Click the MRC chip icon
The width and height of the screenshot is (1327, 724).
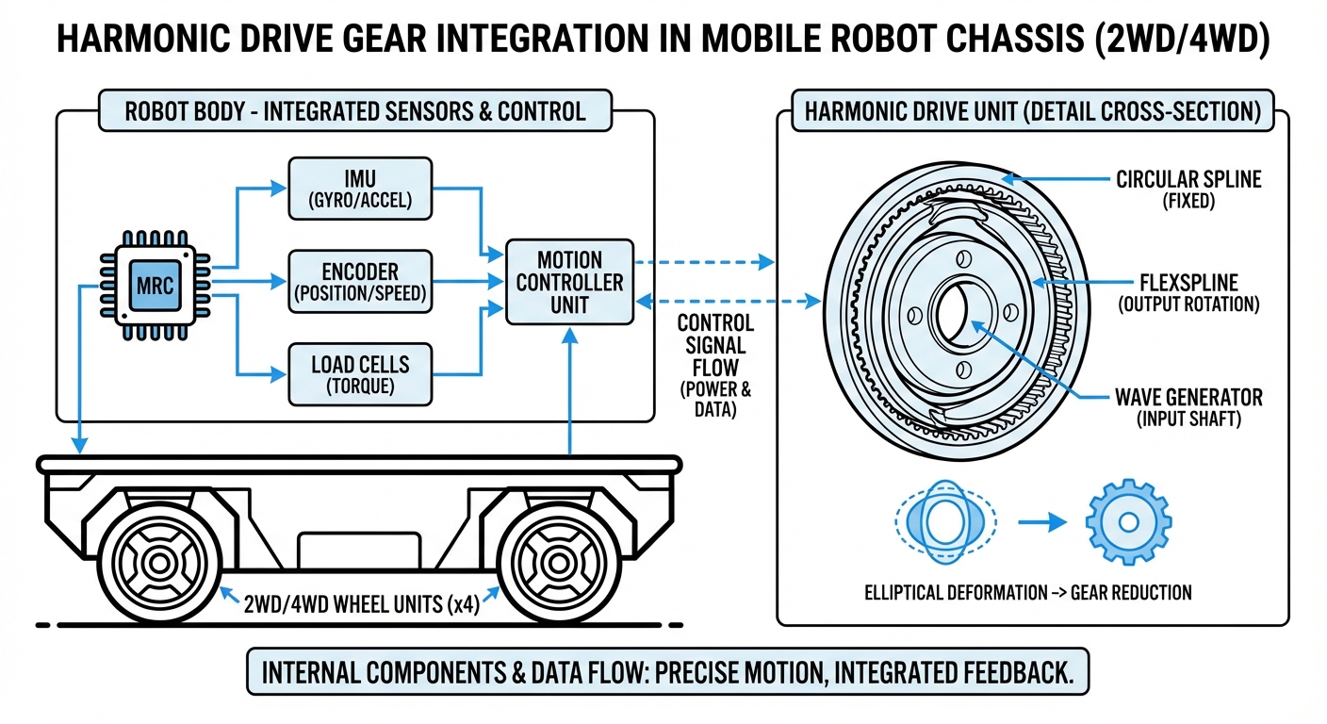[x=155, y=285]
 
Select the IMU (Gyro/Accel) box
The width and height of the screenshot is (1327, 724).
[x=359, y=188]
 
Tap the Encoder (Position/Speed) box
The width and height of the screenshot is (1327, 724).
[x=359, y=281]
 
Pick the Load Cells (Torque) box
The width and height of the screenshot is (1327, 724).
[x=359, y=373]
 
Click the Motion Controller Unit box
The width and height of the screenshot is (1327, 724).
[x=568, y=281]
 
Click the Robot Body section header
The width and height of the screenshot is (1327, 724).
[x=354, y=110]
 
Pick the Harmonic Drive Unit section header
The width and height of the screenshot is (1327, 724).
[x=1032, y=110]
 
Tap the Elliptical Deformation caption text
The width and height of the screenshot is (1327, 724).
[x=1027, y=592]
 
